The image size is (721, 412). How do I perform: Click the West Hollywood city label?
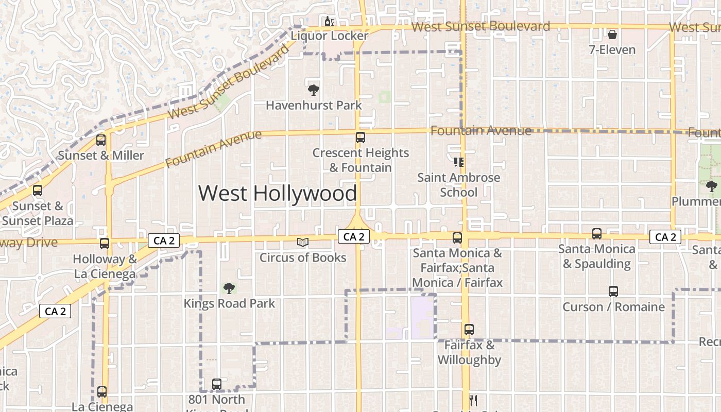point(278,194)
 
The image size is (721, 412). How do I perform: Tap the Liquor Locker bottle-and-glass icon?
point(329,22)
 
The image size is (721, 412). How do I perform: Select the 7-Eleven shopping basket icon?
point(612,35)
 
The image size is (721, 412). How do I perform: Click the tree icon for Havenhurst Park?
point(313,90)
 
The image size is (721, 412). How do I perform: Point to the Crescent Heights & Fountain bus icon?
point(360,138)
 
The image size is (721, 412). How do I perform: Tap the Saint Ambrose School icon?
point(458,162)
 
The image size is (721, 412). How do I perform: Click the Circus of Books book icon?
point(303,242)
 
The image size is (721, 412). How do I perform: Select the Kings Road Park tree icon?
point(229,288)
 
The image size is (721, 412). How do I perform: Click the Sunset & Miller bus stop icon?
point(101,140)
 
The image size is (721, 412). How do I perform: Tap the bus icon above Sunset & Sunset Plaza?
point(38,191)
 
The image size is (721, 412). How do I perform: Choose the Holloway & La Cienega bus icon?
point(105,244)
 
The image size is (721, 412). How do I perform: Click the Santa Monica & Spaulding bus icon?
point(596,234)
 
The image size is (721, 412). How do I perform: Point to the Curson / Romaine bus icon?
point(613,291)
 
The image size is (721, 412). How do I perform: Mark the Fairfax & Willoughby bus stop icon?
point(469,330)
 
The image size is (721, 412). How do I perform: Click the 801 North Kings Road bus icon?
point(216,384)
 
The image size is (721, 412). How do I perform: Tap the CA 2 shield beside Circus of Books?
point(354,237)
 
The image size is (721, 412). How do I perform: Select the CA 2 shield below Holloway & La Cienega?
point(55,311)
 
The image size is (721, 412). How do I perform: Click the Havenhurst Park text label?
point(314,106)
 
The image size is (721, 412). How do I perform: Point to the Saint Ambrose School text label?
point(458,185)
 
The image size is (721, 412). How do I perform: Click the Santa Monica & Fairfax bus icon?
point(457,238)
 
